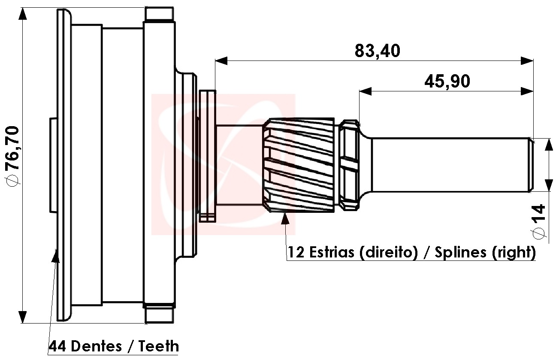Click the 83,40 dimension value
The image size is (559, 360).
[x=378, y=51]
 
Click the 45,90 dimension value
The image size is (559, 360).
[x=447, y=82]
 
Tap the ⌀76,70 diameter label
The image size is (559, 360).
[x=12, y=156]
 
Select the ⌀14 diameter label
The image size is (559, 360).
[x=538, y=222]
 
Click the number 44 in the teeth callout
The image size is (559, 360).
[x=57, y=346]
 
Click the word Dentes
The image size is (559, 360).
[x=97, y=346]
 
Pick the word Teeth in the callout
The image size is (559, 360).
[x=159, y=346]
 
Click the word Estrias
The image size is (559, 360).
[x=332, y=252]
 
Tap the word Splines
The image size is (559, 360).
[x=461, y=252]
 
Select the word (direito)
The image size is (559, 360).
[x=389, y=252]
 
